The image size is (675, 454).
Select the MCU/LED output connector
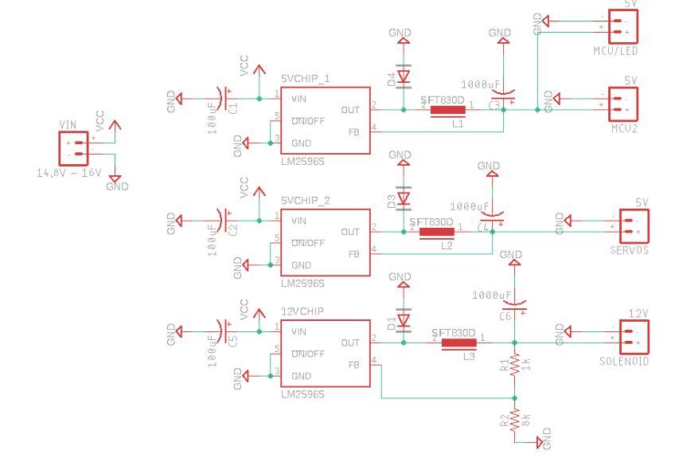point(626,27)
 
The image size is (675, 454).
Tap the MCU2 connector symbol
point(626,102)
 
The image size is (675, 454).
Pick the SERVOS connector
point(630,225)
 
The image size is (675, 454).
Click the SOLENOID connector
point(630,336)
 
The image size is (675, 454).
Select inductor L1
point(447,110)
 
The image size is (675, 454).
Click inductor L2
point(436,233)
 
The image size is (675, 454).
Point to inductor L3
point(458,344)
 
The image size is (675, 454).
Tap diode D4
point(404,77)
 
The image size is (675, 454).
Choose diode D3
point(404,198)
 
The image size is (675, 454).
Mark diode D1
point(404,321)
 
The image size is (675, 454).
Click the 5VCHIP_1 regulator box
point(326,121)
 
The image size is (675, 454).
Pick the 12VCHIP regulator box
point(326,354)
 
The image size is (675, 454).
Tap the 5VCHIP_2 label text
point(305,200)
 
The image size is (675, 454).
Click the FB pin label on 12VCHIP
point(353,365)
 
